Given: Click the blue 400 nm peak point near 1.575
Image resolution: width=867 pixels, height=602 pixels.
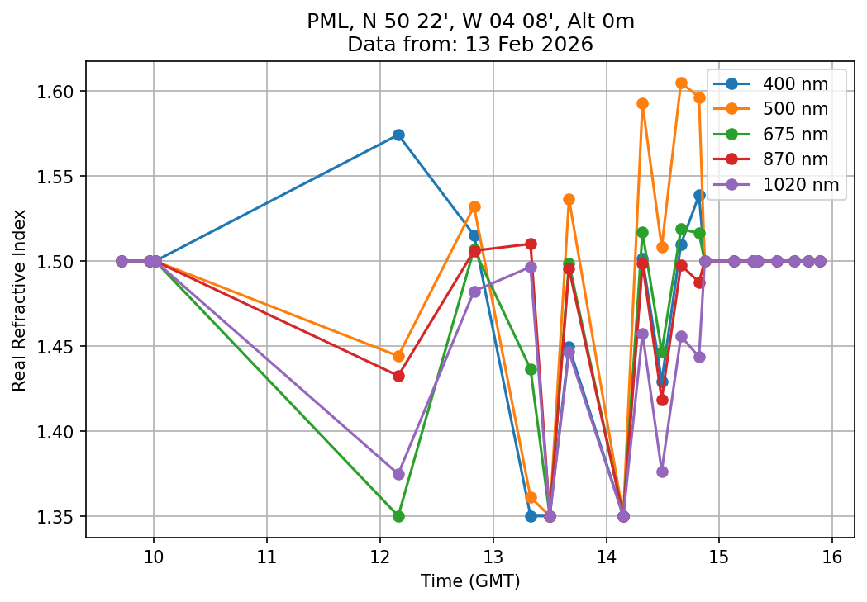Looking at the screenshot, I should tap(398, 135).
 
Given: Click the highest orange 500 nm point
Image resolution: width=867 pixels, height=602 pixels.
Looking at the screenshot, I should tap(681, 83).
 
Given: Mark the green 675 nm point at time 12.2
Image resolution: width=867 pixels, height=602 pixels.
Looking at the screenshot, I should tap(398, 516).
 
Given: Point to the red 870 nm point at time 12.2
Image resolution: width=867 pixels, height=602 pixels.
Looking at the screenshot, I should tap(398, 376).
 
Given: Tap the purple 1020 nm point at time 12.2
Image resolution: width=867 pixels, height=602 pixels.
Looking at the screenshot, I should tap(398, 474).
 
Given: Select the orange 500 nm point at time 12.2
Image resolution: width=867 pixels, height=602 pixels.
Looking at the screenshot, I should tap(398, 356).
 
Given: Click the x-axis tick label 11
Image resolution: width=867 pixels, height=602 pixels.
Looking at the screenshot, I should tap(267, 554).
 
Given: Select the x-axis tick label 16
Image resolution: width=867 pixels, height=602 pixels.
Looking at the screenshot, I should tap(832, 554).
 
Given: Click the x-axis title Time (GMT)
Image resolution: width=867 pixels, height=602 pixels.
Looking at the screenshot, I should tap(471, 581).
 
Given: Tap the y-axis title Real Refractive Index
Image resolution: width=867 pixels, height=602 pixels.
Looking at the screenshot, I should tap(19, 300).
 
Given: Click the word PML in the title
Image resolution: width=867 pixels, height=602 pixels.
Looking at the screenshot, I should tap(326, 22).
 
